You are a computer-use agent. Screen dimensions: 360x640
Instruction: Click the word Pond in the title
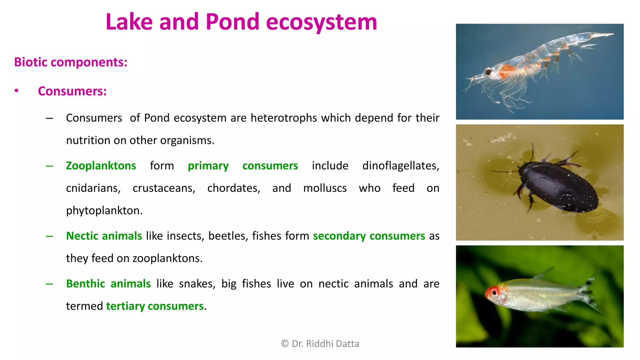pos(232,22)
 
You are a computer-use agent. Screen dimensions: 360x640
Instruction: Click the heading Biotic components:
pos(71,62)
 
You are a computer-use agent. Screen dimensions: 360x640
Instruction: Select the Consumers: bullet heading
pos(72,91)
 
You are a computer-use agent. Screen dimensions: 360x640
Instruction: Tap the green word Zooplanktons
pos(101,166)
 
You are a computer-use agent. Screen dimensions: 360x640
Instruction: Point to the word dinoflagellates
pos(400,166)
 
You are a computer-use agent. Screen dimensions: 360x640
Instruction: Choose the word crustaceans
pos(164,188)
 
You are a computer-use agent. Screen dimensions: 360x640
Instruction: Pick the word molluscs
pos(325,188)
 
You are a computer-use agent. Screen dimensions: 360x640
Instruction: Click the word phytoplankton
pos(104,211)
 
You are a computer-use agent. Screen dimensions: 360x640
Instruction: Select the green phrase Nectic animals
pos(104,236)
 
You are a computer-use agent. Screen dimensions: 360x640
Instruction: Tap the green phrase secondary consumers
pos(369,236)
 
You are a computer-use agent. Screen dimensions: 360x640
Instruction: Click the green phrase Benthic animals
pos(108,284)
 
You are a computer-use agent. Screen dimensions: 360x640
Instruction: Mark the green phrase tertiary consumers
pos(155,306)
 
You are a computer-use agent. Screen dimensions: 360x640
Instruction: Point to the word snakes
pos(197,284)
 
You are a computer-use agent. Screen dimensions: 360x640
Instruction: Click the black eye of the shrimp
pos(488,72)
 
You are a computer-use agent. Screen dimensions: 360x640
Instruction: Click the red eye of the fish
pos(494,293)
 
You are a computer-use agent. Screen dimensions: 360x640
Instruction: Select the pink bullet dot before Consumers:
pos(17,91)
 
